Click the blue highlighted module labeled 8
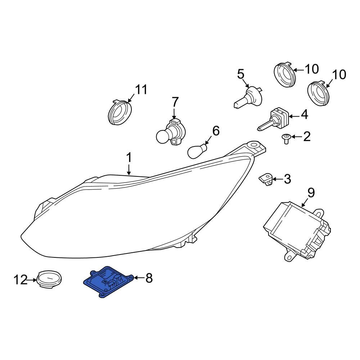tap(108, 282)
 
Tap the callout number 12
tap(21, 280)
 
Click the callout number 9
tap(311, 193)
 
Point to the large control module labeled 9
tap(297, 230)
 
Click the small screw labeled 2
tap(286, 139)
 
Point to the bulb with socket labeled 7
tap(171, 134)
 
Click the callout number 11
tap(141, 90)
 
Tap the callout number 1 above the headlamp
tap(129, 158)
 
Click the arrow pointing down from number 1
tap(129, 170)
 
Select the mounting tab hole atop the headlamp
tap(253, 145)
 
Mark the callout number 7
tap(175, 102)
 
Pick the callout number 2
tap(307, 136)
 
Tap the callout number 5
tap(240, 74)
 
